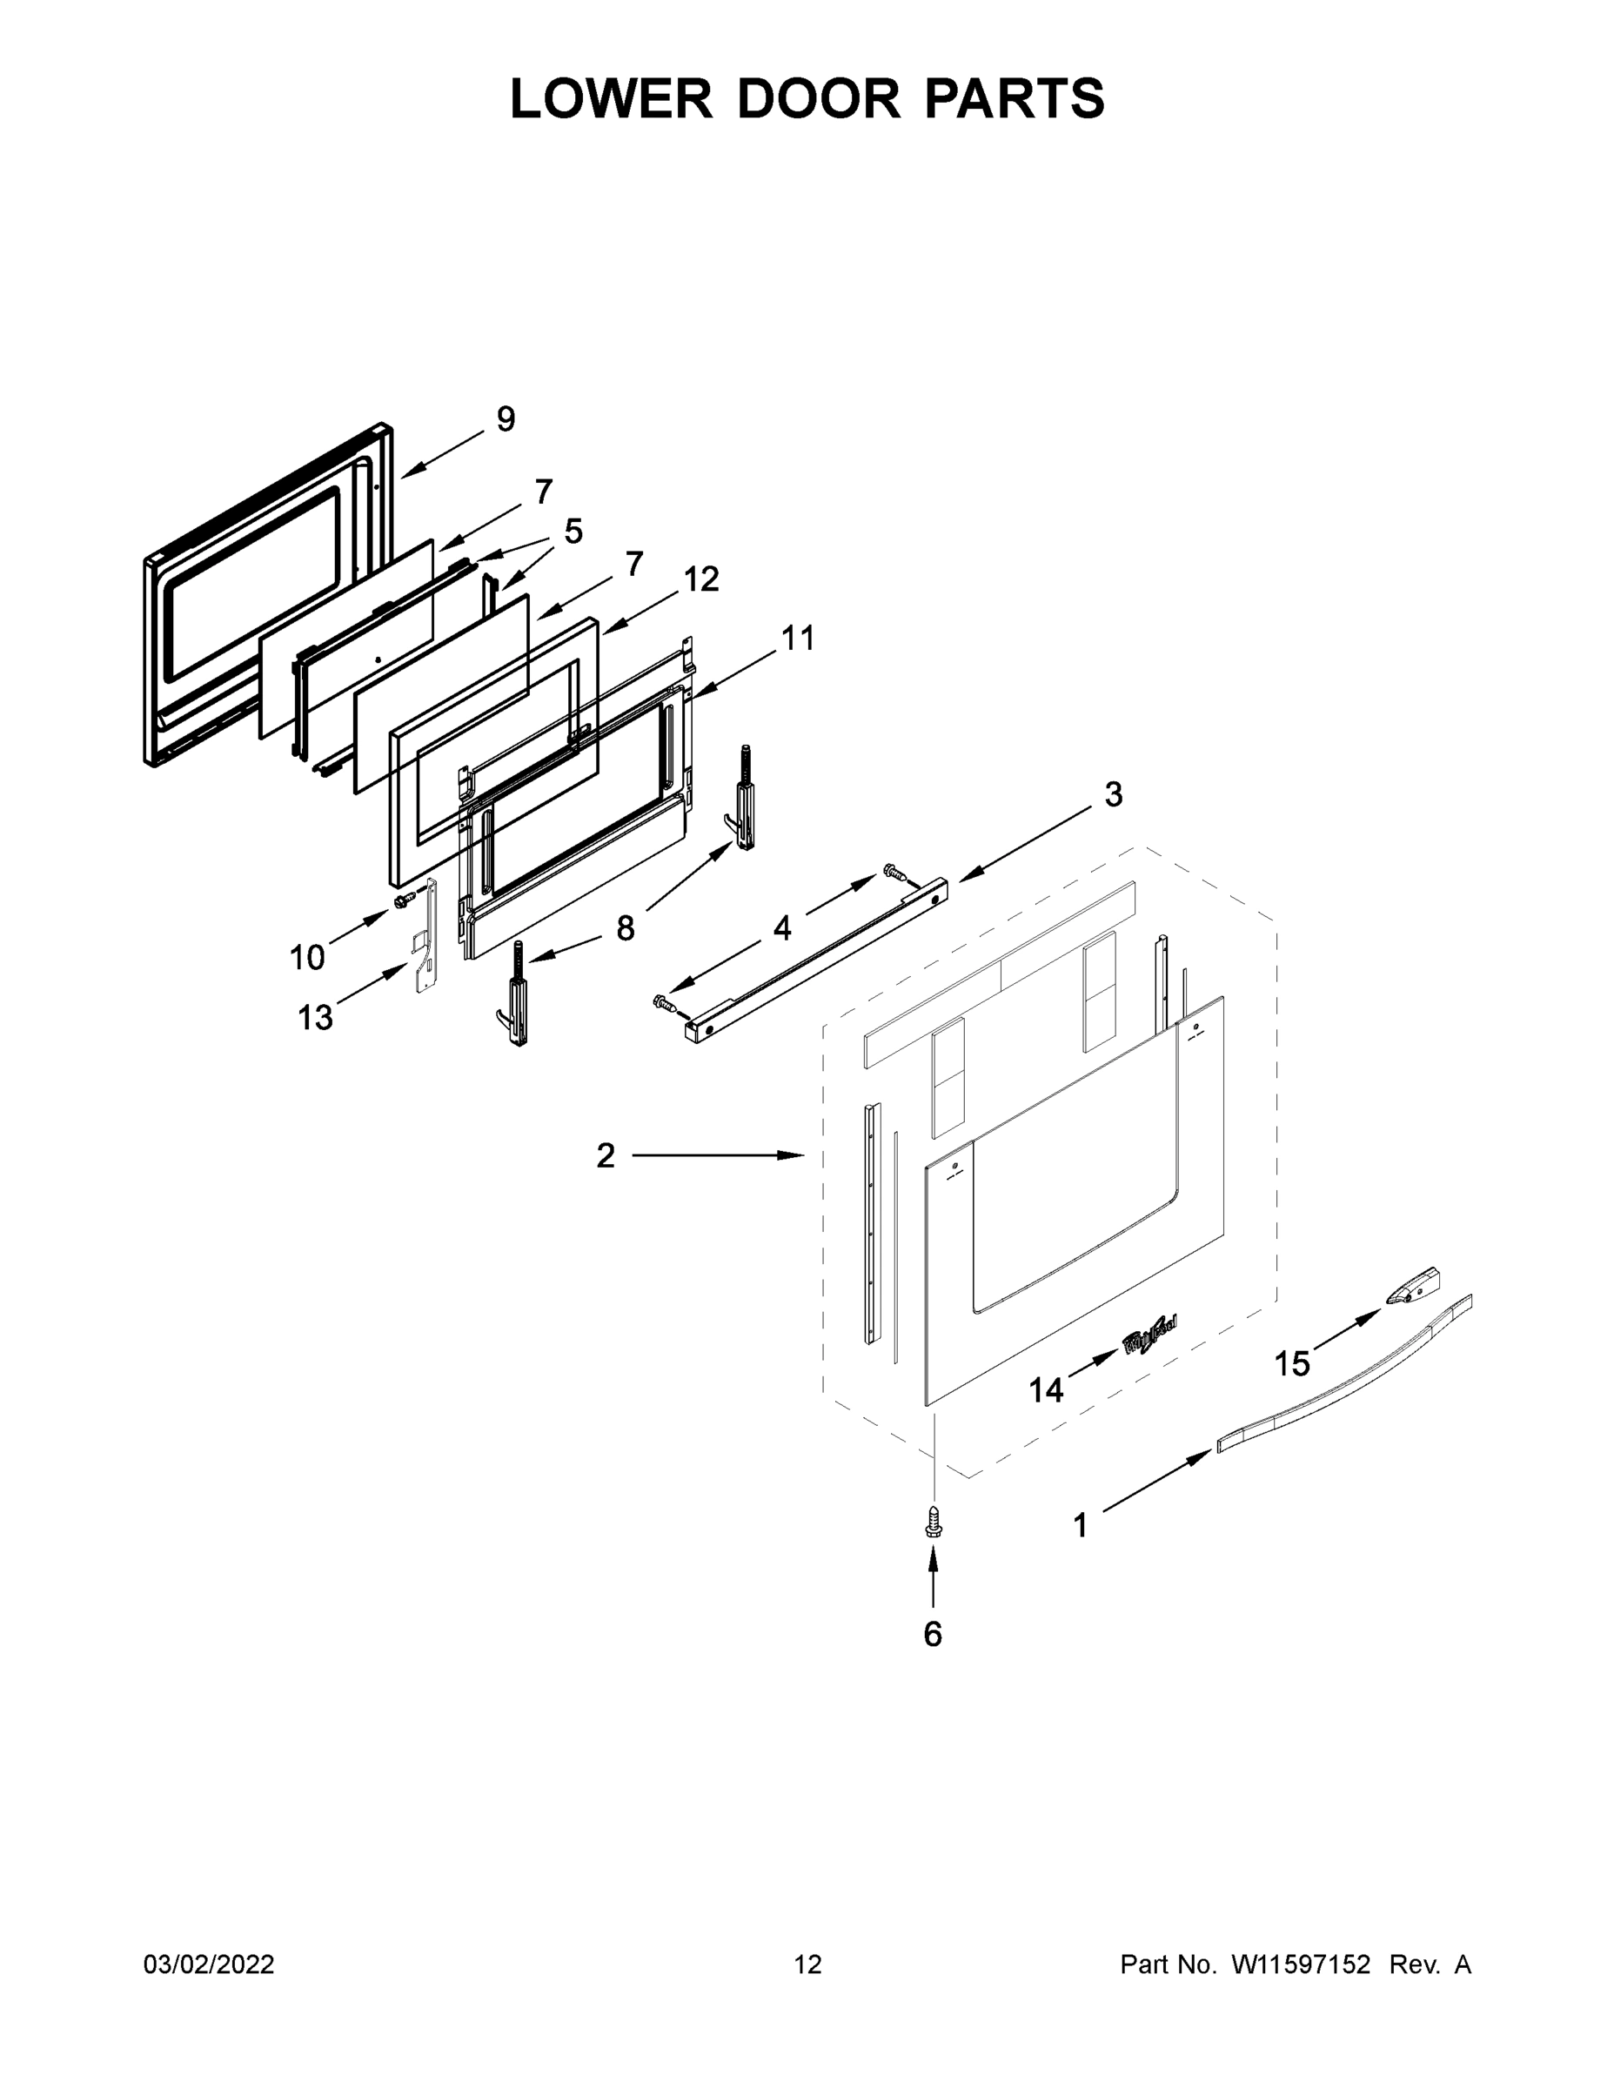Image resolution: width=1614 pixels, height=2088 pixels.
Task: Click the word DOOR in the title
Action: (819, 98)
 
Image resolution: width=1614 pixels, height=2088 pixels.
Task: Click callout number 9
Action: (506, 418)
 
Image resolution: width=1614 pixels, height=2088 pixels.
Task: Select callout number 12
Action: (701, 579)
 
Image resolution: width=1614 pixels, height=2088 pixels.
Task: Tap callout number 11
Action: (798, 638)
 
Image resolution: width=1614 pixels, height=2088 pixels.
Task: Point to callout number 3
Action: (1113, 794)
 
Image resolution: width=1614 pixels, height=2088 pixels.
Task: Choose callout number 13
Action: (315, 1017)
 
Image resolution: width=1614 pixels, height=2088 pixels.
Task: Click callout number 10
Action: (307, 957)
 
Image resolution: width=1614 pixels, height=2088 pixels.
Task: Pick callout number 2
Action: (606, 1156)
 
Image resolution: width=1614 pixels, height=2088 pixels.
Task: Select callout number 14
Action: (1045, 1390)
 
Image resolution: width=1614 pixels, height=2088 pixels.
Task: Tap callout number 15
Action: (1292, 1364)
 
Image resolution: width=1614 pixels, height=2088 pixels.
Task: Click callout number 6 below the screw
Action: (932, 1634)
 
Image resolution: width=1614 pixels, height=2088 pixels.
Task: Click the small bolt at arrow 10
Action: (403, 899)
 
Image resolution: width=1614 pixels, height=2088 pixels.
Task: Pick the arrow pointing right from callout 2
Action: (717, 1156)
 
